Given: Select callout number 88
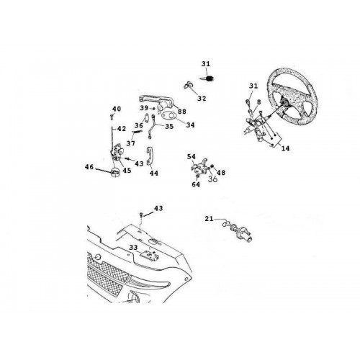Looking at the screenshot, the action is (182, 112).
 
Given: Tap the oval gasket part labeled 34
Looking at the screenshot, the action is (168, 116).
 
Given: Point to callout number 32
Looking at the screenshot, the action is (202, 99).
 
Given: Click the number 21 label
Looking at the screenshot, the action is (209, 219).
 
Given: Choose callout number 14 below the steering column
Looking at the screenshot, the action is (285, 148).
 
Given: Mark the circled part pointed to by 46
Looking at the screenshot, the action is (115, 172).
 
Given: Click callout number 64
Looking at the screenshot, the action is (196, 184).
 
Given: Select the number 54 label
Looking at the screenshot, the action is (192, 157).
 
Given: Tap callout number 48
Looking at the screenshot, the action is (221, 172).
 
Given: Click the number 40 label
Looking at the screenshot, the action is (117, 109).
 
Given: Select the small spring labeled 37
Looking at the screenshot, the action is (138, 131).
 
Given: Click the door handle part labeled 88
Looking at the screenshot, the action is (157, 102).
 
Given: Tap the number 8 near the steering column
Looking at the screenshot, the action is (258, 102).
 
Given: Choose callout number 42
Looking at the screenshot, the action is (122, 129).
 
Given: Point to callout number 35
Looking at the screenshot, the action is (169, 126).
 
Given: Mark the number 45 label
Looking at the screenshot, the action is (127, 170).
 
